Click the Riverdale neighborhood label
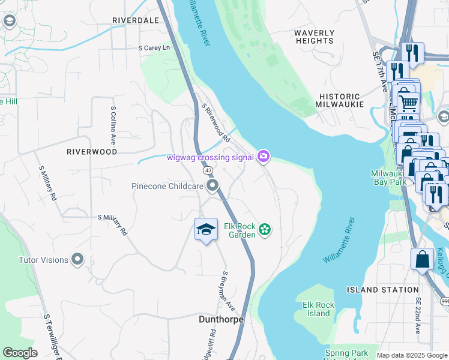click(x=136, y=20)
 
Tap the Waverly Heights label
click(x=315, y=37)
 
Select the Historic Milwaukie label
click(x=340, y=100)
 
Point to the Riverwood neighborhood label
click(x=92, y=152)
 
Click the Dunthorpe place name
click(x=221, y=320)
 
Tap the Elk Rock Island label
click(x=318, y=309)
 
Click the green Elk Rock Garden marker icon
click(x=265, y=229)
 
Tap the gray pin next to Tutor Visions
click(x=77, y=260)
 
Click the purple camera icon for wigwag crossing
click(x=263, y=157)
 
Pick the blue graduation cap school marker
click(x=206, y=230)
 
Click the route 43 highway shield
click(x=206, y=171)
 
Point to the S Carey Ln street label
click(x=154, y=47)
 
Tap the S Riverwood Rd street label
click(x=216, y=122)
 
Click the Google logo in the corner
click(x=20, y=353)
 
